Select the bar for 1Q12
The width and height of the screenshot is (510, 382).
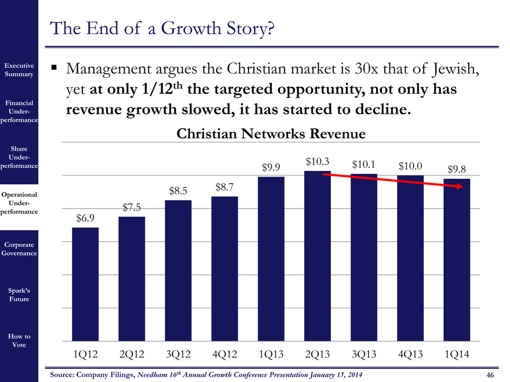coord(85,284)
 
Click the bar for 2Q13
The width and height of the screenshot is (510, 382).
coord(318,255)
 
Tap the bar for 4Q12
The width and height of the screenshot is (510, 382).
coord(225,268)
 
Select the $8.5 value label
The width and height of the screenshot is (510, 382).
coord(178,190)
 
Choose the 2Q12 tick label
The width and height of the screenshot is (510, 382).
coord(132,354)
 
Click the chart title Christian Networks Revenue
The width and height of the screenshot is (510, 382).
coord(271,134)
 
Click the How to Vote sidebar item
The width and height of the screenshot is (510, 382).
coord(20,340)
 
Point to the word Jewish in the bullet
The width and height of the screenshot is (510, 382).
coord(454,70)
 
